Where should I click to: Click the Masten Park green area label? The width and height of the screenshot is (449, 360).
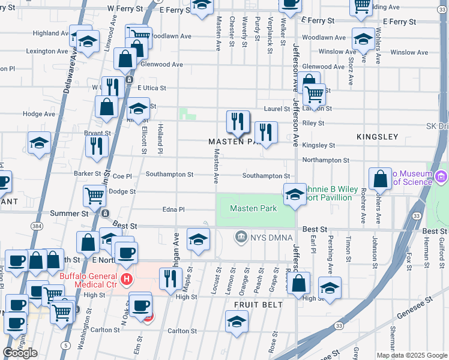point(253,208)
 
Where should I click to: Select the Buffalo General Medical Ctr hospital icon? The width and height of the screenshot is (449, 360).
point(126,279)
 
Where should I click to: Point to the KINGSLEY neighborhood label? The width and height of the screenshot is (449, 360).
point(377,137)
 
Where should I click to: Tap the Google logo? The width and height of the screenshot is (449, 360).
point(20,353)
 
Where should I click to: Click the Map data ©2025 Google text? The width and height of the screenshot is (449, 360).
point(412,355)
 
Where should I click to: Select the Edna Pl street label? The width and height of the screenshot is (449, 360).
point(173,209)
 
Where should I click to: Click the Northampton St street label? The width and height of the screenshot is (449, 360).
point(325,160)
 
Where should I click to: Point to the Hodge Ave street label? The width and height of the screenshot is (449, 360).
point(38,114)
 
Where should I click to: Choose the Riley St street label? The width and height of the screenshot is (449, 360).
point(313,123)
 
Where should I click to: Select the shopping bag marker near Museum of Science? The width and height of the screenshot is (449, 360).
point(380,179)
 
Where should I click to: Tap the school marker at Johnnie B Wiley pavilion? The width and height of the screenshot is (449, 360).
point(295,194)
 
